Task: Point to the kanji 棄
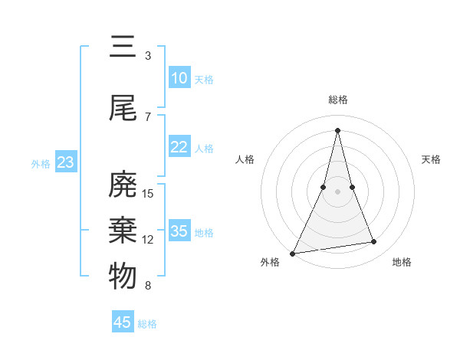pos(123,231)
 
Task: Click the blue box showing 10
pos(179,78)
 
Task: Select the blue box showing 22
pos(179,147)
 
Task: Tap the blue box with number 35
pos(179,231)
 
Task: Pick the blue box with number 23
pos(65,162)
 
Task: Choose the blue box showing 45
pos(123,322)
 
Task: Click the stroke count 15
pos(149,194)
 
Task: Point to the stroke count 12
pos(149,240)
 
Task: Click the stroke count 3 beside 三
pos(148,56)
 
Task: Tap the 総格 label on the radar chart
pos(337,100)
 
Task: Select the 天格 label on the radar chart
pos(431,159)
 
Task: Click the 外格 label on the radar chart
pos(270,262)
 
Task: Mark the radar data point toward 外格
pos(293,253)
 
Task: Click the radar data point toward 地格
pos(374,242)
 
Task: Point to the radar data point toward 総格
pos(337,130)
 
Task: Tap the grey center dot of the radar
pos(337,191)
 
